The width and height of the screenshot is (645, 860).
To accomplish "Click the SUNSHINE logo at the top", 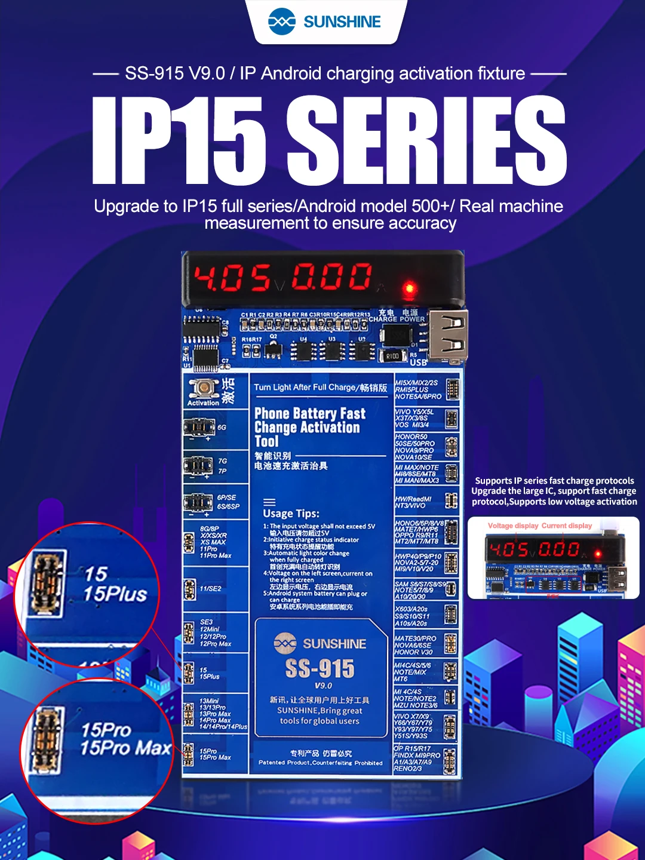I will (x=324, y=22).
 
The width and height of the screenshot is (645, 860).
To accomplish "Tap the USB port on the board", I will (x=448, y=336).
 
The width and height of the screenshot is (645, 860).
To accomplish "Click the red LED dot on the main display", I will (x=410, y=288).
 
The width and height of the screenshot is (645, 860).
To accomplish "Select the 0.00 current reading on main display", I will (x=331, y=278).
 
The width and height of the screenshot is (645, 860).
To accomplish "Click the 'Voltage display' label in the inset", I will (x=513, y=526).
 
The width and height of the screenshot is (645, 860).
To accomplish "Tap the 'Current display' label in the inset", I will (x=567, y=526).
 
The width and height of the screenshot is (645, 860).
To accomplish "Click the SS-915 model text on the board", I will (x=320, y=669).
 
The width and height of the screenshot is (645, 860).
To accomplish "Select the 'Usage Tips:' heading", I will (x=291, y=514).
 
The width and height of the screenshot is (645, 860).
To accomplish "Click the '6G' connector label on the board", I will (x=222, y=428).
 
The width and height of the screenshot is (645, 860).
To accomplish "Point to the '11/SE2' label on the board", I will (x=210, y=589).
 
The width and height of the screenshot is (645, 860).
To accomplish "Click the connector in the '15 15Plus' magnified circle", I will (x=48, y=585).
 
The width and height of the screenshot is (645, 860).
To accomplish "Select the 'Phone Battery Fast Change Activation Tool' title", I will (x=307, y=427).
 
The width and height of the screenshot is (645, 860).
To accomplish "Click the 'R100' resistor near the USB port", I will (x=392, y=356).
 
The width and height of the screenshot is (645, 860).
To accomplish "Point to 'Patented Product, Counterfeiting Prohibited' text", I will (x=321, y=763).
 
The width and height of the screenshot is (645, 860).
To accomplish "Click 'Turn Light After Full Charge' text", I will (x=320, y=388).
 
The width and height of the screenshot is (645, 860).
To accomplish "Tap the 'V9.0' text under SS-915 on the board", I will (x=323, y=686).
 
